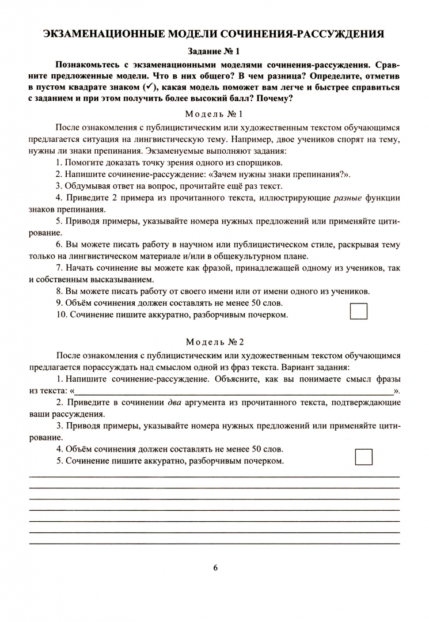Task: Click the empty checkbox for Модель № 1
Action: click(359, 311)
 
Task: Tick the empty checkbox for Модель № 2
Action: click(364, 456)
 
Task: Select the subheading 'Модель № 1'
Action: click(214, 113)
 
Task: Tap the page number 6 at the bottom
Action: click(215, 567)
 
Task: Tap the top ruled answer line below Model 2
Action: click(214, 477)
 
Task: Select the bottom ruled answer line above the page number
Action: click(214, 544)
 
